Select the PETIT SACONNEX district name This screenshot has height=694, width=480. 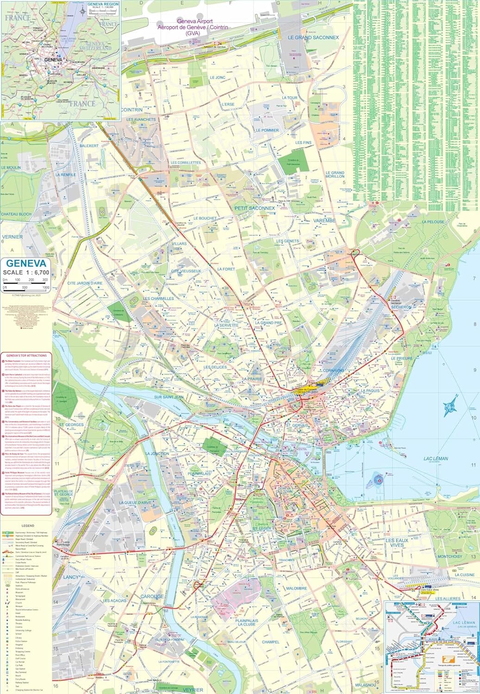tap(255, 208)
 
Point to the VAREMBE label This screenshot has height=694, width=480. tap(324, 221)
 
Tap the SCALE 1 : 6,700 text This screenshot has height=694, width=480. tap(26, 273)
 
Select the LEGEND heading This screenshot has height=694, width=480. tap(28, 526)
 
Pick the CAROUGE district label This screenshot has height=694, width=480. tap(152, 596)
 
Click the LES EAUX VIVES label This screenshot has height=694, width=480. tap(397, 543)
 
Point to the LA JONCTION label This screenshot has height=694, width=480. tap(157, 454)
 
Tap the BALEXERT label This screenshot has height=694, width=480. tap(89, 146)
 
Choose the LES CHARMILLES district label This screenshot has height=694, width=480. tap(158, 298)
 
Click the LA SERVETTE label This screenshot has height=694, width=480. tap(226, 325)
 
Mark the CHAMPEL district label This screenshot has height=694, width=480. tap(270, 642)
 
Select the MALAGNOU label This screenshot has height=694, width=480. tap(366, 685)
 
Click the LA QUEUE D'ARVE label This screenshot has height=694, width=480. tap(135, 502)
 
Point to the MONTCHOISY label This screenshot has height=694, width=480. tap(450, 557)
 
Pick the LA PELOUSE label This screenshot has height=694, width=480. tap(433, 222)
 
